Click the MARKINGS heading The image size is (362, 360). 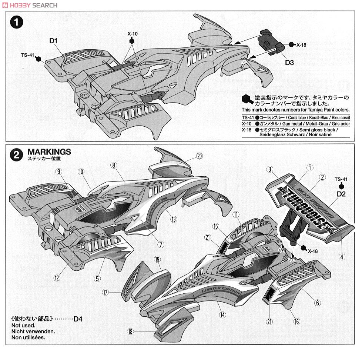click(x=49, y=152)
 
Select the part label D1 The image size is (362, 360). click(x=54, y=41)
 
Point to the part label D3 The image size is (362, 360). click(x=289, y=63)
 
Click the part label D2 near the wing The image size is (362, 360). click(x=342, y=194)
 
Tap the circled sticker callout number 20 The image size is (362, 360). click(x=200, y=156)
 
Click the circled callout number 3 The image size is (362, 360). click(x=270, y=169)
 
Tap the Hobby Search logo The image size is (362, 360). click(x=29, y=5)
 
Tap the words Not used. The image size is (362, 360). click(x=23, y=325)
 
